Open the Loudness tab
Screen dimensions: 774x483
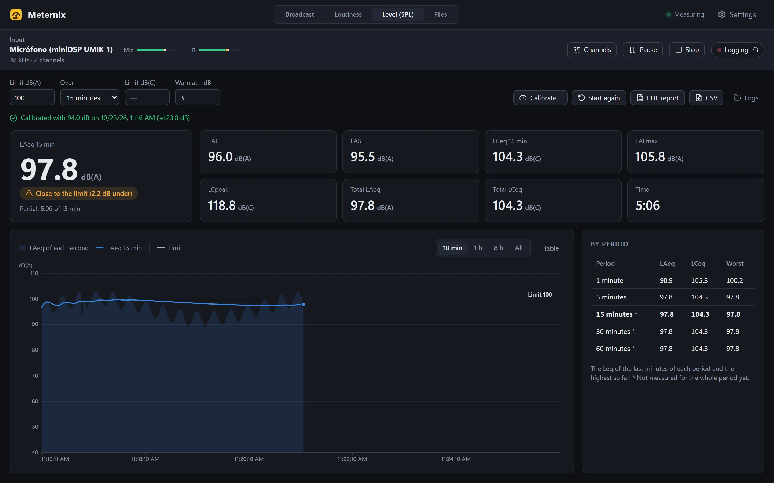point(348,14)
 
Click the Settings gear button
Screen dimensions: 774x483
point(737,15)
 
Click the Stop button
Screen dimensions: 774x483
point(687,50)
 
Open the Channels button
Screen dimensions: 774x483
point(592,50)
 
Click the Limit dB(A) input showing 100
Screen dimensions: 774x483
point(32,97)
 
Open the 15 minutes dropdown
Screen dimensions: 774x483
point(89,97)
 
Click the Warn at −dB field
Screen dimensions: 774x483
point(198,97)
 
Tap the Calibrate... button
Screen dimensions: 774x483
point(540,98)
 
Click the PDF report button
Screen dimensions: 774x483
point(658,98)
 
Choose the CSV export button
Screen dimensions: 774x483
point(706,98)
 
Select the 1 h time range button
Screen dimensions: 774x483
point(478,248)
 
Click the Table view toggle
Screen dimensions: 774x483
point(551,248)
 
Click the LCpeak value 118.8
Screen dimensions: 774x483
point(222,205)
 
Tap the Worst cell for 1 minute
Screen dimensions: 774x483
point(734,280)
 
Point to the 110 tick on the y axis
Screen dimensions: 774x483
point(34,273)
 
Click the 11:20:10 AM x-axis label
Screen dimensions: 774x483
point(249,459)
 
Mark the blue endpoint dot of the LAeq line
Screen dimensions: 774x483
point(303,305)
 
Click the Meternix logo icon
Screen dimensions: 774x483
point(16,15)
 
